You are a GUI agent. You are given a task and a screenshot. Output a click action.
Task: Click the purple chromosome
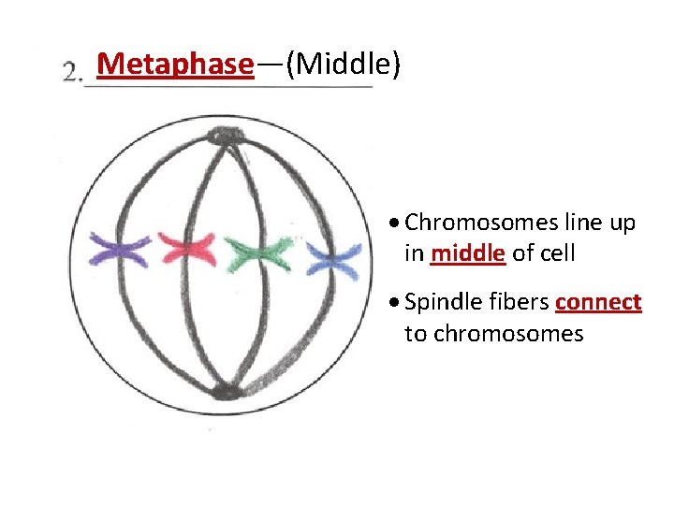point(119,250)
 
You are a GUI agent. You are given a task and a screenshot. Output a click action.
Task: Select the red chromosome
point(186,250)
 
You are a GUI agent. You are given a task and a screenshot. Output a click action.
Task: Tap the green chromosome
point(259,253)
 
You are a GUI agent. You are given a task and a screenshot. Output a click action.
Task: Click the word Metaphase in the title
point(175,65)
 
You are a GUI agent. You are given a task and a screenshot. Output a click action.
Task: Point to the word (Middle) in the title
point(344,65)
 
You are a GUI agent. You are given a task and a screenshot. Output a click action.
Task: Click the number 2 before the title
point(72,71)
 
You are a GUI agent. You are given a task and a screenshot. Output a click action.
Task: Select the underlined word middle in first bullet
point(468,252)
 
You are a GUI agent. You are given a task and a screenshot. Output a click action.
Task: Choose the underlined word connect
point(598,303)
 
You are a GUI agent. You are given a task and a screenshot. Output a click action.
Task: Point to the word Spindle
point(439,303)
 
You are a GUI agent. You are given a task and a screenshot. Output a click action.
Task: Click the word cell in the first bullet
point(554,252)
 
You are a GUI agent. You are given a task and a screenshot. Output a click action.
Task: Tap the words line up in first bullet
point(600,223)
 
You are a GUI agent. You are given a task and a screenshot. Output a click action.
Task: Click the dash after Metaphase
point(270,65)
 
